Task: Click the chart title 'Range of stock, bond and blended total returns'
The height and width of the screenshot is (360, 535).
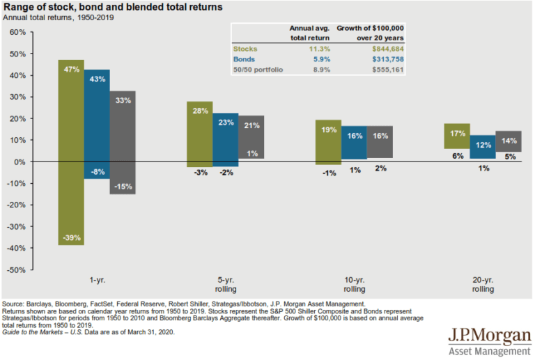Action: click(x=113, y=7)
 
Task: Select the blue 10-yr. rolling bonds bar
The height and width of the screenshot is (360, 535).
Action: click(x=354, y=143)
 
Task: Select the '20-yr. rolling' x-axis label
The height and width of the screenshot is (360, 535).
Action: click(x=483, y=285)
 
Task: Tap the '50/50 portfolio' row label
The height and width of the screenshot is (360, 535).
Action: click(x=258, y=70)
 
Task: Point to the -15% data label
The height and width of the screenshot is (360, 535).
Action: click(x=123, y=187)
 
